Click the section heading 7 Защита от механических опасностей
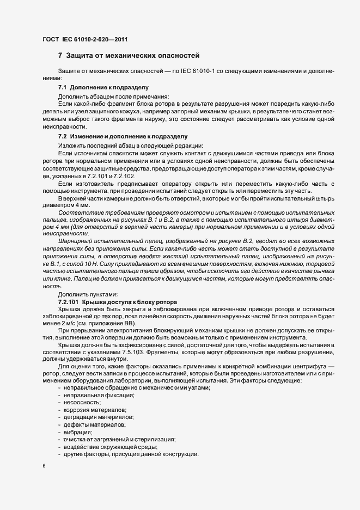tap(129, 56)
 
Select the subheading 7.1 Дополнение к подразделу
tap(103, 87)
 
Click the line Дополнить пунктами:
tap(83, 294)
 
